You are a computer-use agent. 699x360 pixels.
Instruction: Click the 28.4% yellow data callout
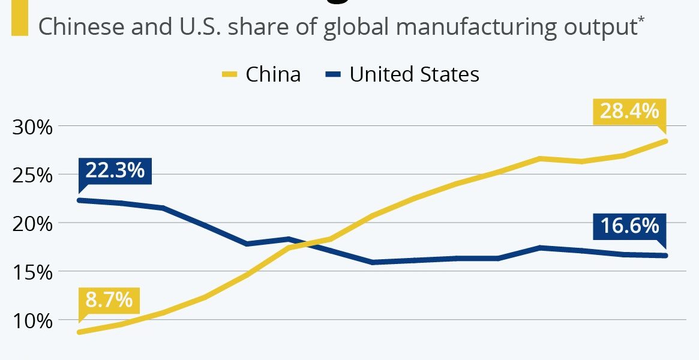tap(629, 112)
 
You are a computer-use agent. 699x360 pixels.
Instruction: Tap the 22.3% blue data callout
tap(115, 170)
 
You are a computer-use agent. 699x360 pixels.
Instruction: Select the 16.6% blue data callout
tap(629, 226)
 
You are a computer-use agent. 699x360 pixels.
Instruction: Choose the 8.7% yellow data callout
tap(109, 299)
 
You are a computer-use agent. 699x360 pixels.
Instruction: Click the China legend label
tap(273, 74)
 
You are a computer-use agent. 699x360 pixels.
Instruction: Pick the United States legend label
tap(414, 74)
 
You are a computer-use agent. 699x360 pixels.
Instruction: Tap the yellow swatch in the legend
tap(229, 75)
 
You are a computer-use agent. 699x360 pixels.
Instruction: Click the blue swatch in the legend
tap(334, 75)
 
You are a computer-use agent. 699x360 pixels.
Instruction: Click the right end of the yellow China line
tap(665, 141)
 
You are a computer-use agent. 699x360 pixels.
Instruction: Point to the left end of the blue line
tap(79, 200)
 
